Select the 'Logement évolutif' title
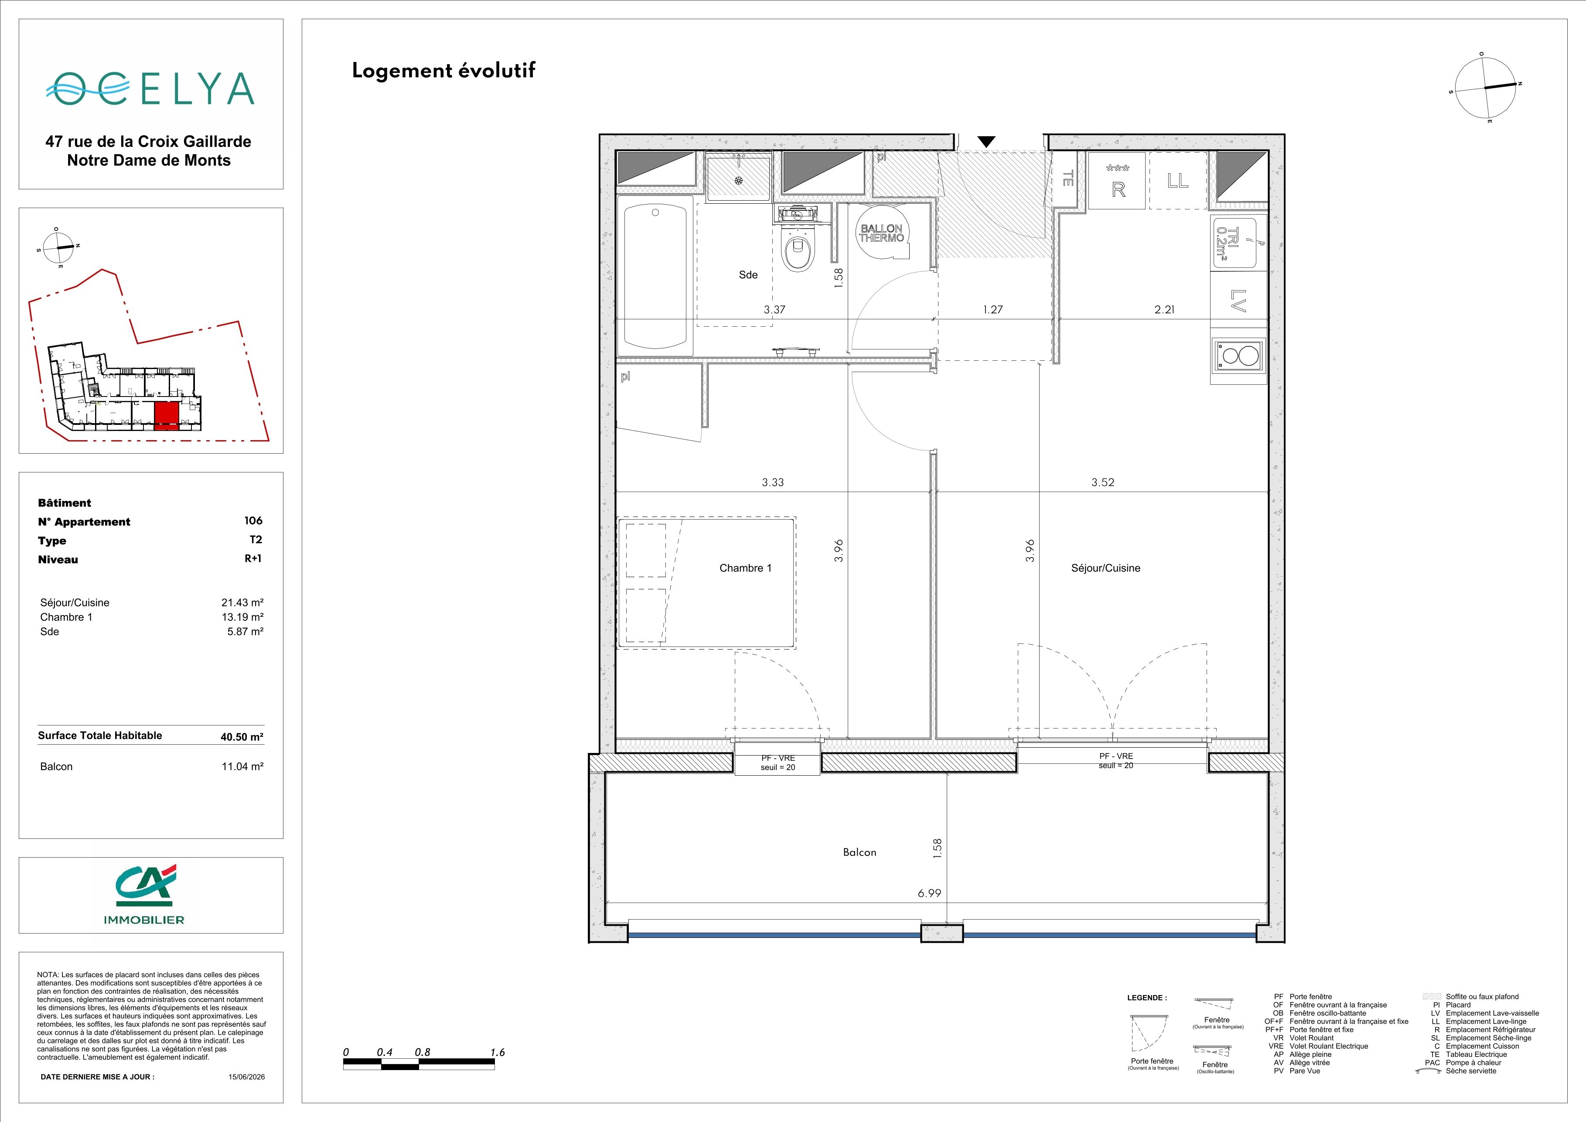pyautogui.click(x=443, y=71)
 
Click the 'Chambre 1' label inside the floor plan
pyautogui.click(x=745, y=568)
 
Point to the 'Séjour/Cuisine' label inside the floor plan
pyautogui.click(x=1105, y=568)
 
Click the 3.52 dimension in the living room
pyautogui.click(x=1102, y=482)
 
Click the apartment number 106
pyautogui.click(x=253, y=520)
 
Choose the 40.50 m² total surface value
pyautogui.click(x=242, y=736)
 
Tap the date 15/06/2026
pyautogui.click(x=247, y=1076)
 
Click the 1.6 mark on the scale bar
pyautogui.click(x=498, y=1052)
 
